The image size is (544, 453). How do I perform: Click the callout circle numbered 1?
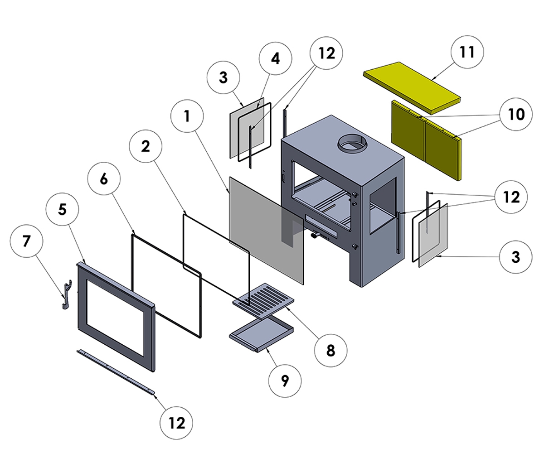[187, 116]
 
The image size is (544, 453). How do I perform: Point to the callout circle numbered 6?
[104, 179]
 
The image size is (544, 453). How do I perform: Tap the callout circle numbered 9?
[284, 381]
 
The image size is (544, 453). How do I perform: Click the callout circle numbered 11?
[467, 53]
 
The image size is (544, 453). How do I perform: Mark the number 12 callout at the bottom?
[177, 423]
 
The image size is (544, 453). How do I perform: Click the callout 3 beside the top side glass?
[223, 77]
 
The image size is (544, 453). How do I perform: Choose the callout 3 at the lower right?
[515, 257]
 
